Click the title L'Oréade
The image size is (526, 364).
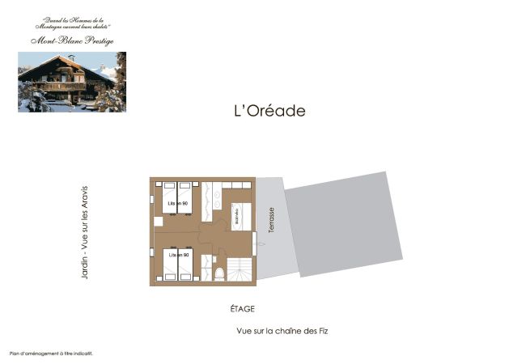tap(264, 111)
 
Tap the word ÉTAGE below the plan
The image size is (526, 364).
tap(243, 309)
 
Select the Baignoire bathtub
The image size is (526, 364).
tap(239, 216)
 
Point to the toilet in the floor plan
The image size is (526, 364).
tap(218, 273)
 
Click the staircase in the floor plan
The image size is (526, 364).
tap(240, 269)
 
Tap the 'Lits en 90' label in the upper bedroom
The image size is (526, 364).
tap(178, 203)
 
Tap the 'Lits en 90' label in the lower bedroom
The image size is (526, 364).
tap(179, 255)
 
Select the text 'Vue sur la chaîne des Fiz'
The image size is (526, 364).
tap(282, 331)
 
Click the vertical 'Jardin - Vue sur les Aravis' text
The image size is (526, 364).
tap(84, 235)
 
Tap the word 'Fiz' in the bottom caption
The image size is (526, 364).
tap(321, 331)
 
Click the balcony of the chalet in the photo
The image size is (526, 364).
tap(69, 86)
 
